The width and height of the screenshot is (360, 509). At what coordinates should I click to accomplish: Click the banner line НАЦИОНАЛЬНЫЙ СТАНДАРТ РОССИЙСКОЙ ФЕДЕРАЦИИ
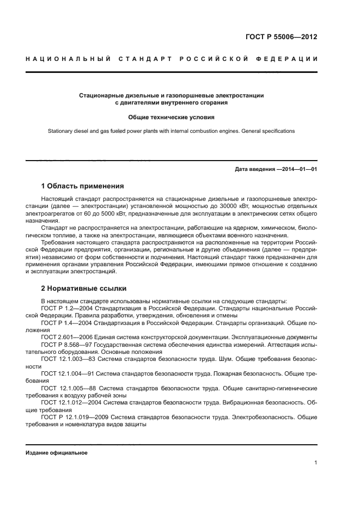(x=171, y=59)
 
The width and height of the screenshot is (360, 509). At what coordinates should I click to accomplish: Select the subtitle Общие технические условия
(x=171, y=117)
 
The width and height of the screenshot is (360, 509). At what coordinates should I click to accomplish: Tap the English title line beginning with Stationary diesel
(x=171, y=131)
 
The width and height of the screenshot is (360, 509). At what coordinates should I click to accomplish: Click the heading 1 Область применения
(x=82, y=186)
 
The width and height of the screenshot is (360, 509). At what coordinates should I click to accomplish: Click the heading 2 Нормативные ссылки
(x=82, y=289)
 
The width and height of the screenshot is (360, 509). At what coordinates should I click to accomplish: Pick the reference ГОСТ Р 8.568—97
(x=63, y=345)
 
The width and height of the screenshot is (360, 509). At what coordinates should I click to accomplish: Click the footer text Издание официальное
(x=56, y=453)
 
